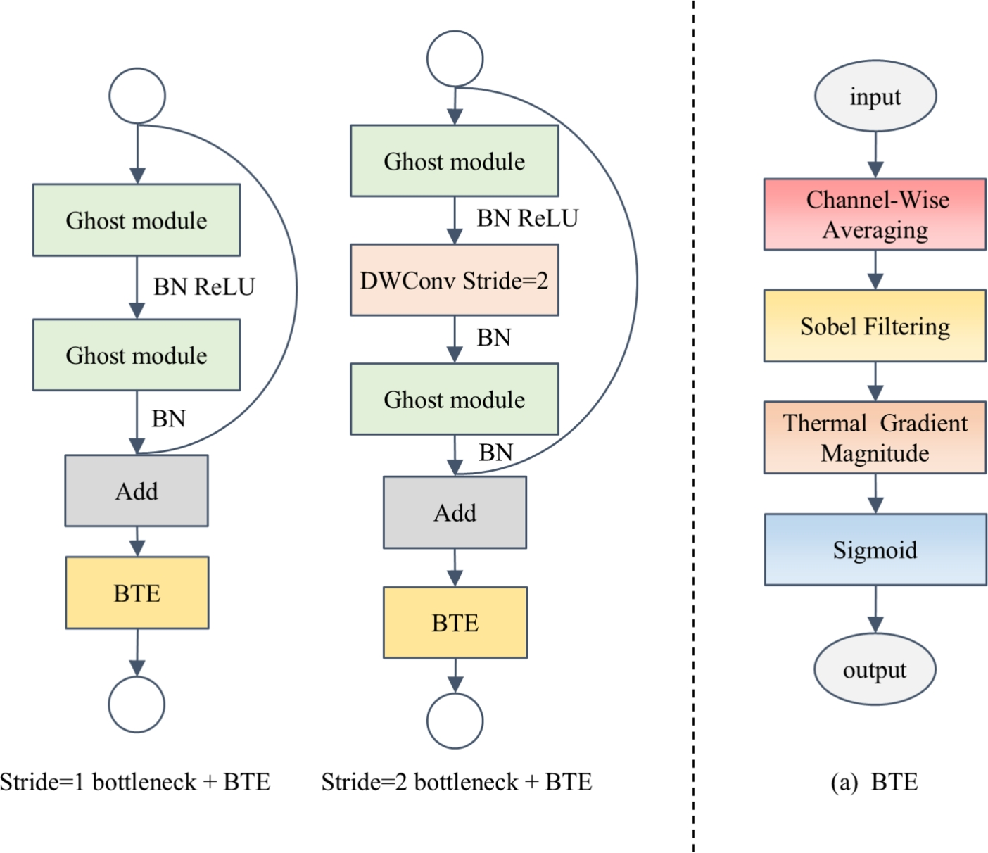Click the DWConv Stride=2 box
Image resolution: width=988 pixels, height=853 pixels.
click(455, 280)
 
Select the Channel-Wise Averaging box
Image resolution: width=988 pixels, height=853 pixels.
click(875, 215)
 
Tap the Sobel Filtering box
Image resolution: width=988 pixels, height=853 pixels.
click(875, 326)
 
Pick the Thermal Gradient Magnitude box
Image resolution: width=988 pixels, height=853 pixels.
click(875, 437)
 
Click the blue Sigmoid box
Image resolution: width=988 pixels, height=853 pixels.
click(875, 550)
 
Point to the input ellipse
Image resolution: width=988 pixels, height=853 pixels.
click(875, 96)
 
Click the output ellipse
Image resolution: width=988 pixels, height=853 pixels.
click(875, 669)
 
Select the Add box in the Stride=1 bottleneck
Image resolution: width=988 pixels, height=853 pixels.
click(137, 491)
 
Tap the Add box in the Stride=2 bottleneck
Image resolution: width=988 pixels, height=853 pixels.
click(455, 512)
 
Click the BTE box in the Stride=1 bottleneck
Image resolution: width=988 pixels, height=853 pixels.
click(137, 593)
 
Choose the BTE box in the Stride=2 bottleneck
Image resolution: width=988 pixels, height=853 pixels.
click(455, 623)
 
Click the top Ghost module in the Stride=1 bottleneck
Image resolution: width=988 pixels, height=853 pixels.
click(137, 220)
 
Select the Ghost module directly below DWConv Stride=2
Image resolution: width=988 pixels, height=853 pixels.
click(455, 399)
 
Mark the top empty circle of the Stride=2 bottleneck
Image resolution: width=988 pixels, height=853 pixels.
click(455, 59)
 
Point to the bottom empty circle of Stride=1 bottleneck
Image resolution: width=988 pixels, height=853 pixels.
click(137, 704)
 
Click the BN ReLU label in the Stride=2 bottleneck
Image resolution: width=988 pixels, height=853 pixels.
click(527, 219)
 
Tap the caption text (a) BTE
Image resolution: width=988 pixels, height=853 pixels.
click(874, 782)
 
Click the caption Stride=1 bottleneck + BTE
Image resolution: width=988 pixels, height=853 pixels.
click(135, 782)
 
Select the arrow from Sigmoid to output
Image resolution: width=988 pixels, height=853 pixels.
click(875, 609)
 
